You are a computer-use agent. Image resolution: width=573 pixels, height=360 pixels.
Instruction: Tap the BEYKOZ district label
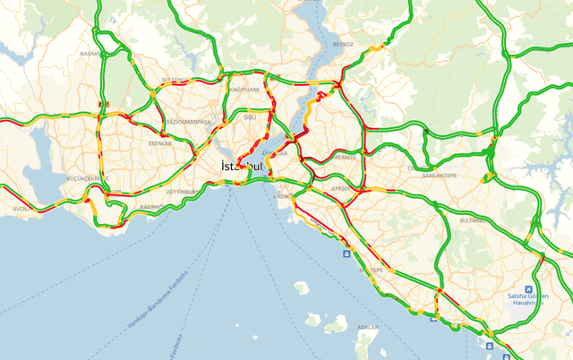point(343,43)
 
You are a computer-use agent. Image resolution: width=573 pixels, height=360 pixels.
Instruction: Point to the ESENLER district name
point(159,142)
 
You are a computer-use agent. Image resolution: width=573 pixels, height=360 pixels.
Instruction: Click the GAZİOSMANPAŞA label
point(189,122)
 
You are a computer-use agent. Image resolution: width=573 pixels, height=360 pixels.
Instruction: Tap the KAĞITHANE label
point(244,90)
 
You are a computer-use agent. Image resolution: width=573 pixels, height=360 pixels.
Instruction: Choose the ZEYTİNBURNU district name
point(185,191)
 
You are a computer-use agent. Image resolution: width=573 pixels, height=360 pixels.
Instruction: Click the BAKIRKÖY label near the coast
point(152,207)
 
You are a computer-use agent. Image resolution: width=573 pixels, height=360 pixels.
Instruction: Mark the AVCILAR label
point(20,209)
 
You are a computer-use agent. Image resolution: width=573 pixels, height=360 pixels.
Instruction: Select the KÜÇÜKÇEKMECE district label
point(88,179)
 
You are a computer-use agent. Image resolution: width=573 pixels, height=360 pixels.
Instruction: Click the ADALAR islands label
point(367,328)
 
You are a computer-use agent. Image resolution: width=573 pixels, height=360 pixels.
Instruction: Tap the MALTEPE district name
point(372,269)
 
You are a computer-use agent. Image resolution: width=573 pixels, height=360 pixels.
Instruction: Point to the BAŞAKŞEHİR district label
point(90,54)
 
